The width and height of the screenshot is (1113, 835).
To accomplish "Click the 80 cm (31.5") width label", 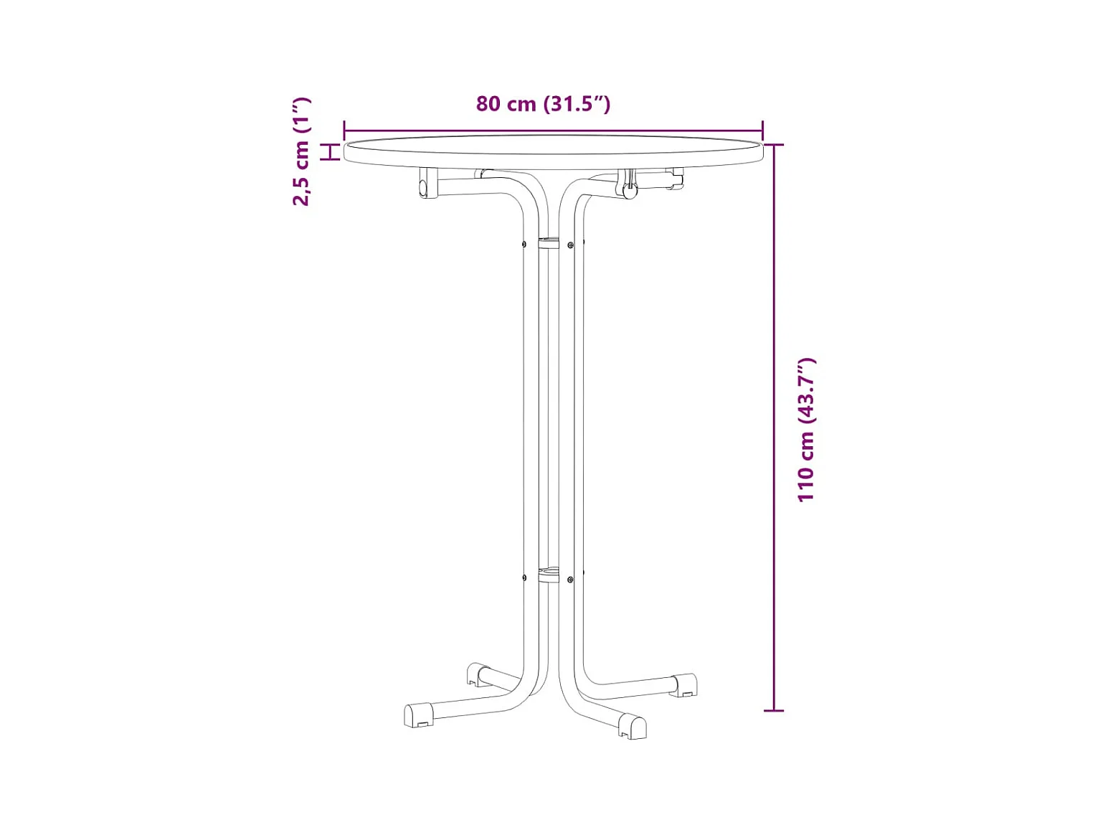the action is tap(543, 104).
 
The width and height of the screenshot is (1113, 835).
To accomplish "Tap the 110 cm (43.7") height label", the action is tap(806, 430).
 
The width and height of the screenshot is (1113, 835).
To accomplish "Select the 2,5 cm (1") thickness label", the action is tap(301, 151).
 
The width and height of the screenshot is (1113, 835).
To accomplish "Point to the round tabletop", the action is tap(554, 151).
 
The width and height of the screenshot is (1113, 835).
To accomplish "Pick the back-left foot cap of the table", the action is tap(478, 674).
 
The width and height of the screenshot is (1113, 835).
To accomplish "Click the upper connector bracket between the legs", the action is tap(548, 243).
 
